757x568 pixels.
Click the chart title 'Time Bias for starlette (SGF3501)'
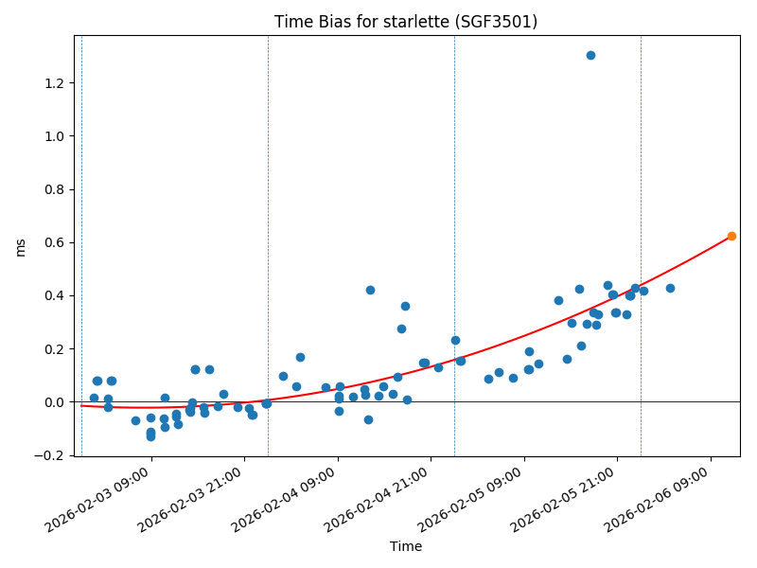[406, 22]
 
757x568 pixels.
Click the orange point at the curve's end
[731, 236]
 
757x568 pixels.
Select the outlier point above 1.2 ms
[590, 55]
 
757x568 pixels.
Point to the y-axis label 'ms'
[21, 247]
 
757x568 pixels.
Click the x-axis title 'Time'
[406, 546]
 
